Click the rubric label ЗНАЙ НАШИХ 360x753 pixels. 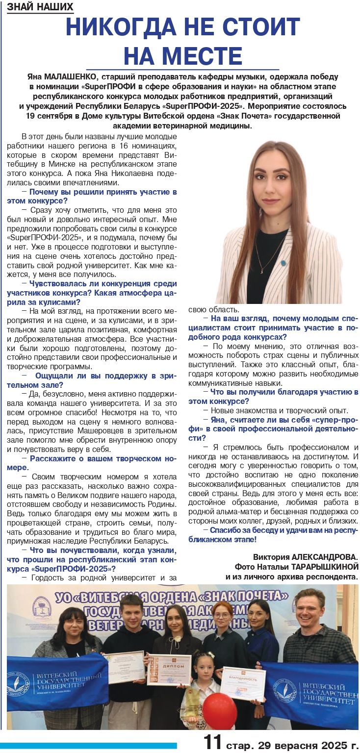point(40,7)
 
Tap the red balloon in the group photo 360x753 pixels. point(219,709)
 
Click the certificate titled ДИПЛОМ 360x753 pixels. point(169,669)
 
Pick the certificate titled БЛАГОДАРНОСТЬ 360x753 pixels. point(242,683)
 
